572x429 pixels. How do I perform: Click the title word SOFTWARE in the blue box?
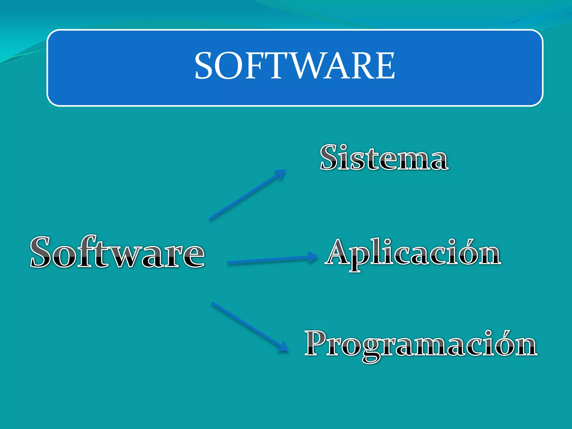pos(295,66)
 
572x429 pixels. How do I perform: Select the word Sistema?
pos(384,158)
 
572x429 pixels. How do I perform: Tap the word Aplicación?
pos(413,253)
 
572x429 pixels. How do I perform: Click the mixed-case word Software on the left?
pos(117,252)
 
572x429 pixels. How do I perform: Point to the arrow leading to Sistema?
pos(247,195)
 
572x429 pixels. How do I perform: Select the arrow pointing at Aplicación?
pos(272,260)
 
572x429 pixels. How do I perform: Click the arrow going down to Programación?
pos(250,327)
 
